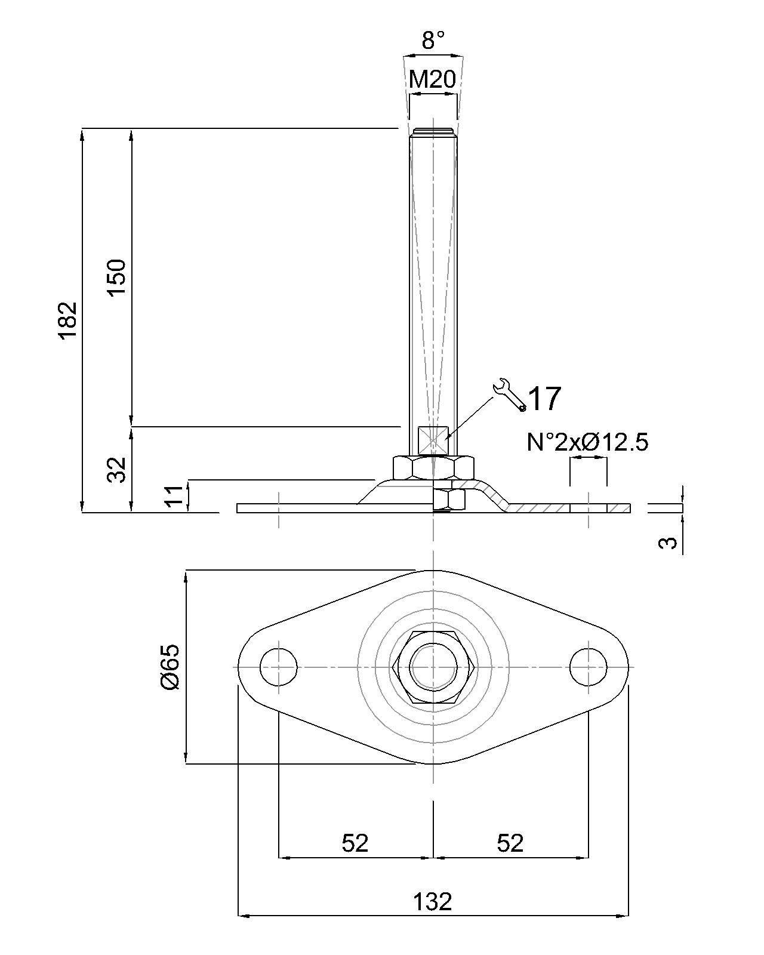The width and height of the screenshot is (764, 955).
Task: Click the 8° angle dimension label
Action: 433,41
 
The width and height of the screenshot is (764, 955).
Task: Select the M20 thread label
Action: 433,79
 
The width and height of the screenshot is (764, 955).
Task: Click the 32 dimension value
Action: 117,469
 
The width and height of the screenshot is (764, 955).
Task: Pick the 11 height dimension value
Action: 173,497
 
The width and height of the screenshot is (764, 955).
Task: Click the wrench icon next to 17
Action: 509,395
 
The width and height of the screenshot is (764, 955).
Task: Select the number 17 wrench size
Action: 545,399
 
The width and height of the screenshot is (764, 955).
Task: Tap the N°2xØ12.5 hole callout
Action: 587,442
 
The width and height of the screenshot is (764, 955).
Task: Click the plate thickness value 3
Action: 671,542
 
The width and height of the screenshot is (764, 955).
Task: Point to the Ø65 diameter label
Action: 170,667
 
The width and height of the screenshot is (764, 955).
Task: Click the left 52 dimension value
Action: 355,843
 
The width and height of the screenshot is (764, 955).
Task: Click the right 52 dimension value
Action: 510,843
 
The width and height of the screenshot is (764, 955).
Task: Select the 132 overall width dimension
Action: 433,901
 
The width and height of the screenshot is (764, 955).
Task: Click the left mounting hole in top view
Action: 279,667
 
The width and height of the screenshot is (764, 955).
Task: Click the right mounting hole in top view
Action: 589,667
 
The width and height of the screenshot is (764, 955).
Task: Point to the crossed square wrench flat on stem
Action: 433,440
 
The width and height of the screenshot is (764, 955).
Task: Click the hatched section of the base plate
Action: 537,508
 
